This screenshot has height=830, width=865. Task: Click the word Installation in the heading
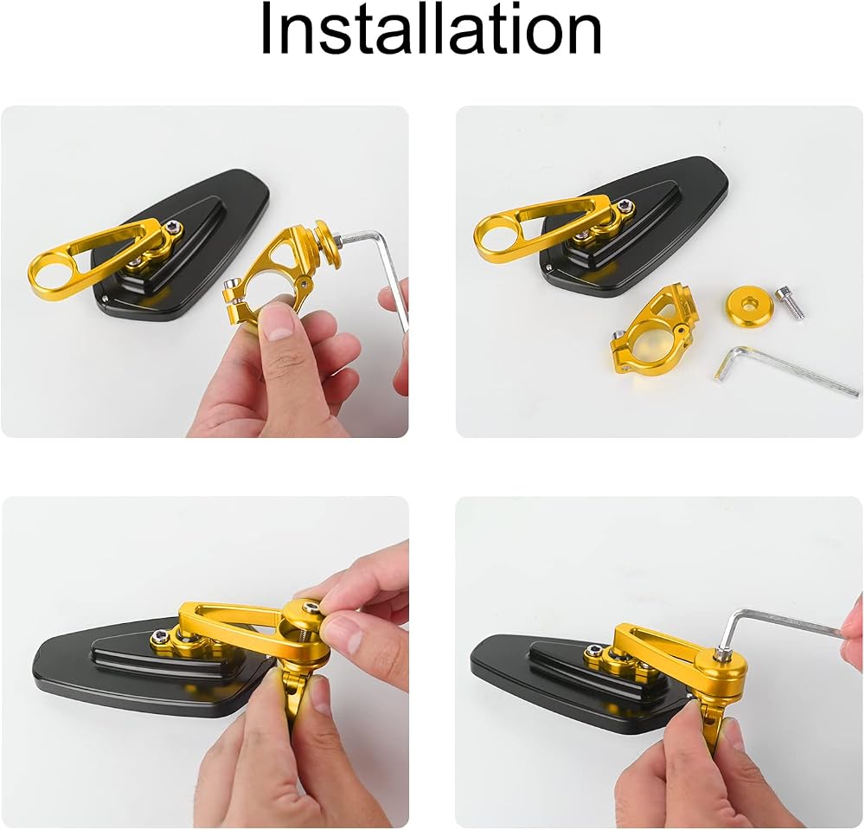pos(431,29)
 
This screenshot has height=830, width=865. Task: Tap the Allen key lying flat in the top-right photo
pos(784,370)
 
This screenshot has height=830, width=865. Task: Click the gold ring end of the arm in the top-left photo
pos(50,274)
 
